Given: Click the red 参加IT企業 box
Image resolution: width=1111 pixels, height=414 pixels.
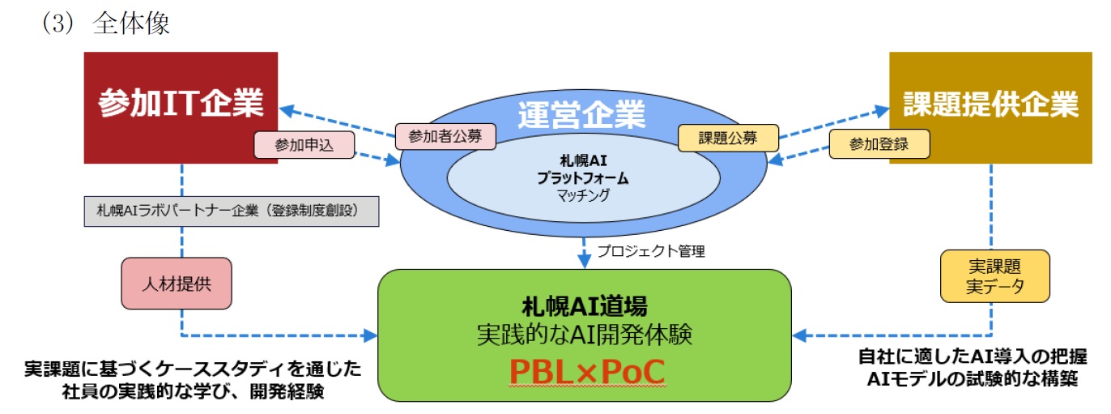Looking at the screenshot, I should point(181,105).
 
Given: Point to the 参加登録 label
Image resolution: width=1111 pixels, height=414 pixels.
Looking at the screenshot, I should point(879,145).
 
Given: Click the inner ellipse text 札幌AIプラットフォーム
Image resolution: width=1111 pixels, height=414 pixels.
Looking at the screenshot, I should point(583,169).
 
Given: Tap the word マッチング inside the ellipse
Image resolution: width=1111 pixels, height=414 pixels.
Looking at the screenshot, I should point(583,195).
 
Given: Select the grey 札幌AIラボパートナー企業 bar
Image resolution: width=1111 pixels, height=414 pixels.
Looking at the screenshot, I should point(232,211).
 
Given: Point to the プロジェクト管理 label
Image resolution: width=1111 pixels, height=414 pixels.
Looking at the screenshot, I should point(651,251).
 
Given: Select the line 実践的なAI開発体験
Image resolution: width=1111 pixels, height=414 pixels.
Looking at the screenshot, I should point(585,333).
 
